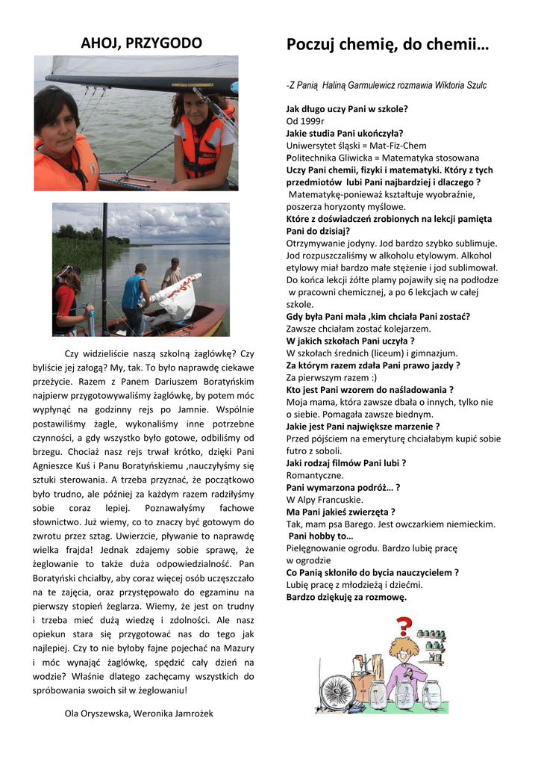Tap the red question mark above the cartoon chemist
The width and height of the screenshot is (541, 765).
[x=404, y=624]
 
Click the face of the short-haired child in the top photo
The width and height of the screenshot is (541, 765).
[x=58, y=120]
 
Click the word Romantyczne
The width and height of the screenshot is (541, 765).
[x=315, y=475]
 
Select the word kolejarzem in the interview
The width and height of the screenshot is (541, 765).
[x=376, y=329]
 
